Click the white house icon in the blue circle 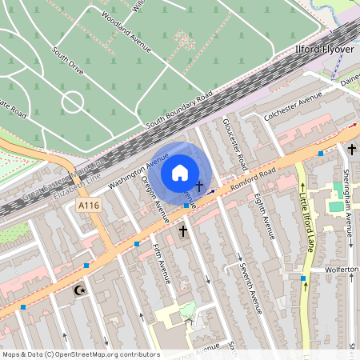click(180, 173)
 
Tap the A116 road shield click(89, 206)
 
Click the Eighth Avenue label click(266, 216)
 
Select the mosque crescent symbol click(79, 290)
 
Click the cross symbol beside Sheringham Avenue click(351, 149)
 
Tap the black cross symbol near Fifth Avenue click(183, 231)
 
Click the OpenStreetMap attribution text click(80, 354)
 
